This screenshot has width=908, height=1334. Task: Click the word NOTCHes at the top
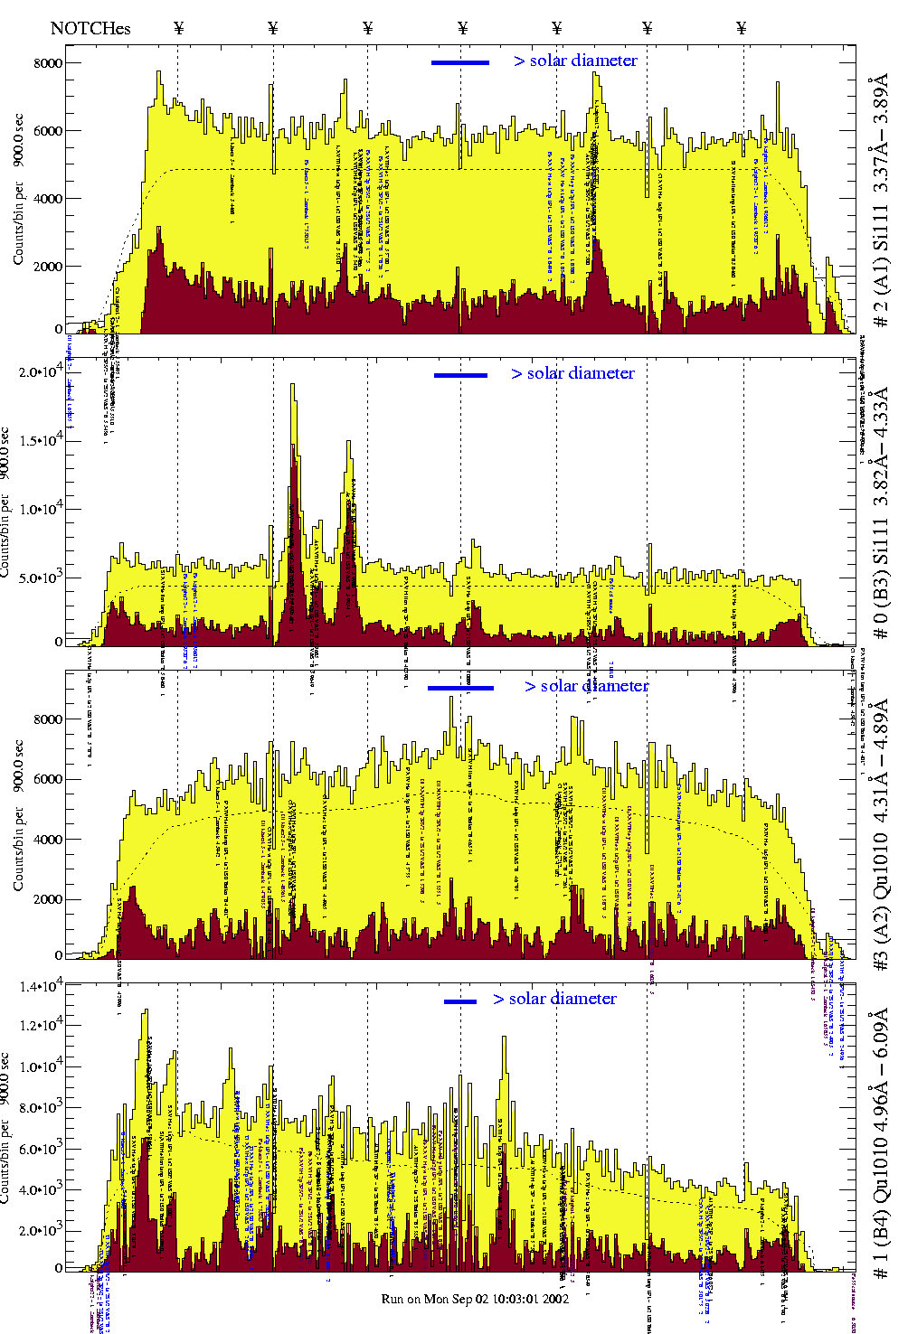90,28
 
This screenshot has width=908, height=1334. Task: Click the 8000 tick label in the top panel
48,63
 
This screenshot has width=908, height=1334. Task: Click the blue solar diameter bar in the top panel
459,62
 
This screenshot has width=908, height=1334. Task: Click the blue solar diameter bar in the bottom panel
459,1001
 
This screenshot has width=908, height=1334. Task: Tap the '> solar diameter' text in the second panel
572,373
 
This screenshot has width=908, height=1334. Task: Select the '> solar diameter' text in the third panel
586,686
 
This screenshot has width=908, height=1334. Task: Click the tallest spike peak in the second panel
292,386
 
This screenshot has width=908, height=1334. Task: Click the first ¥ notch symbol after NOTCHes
178,28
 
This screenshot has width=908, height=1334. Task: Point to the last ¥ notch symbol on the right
742,28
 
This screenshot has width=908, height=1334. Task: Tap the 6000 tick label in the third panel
48,779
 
